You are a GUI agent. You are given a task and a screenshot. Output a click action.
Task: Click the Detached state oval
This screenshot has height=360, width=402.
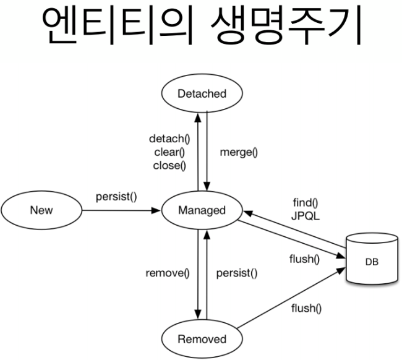pyautogui.click(x=202, y=94)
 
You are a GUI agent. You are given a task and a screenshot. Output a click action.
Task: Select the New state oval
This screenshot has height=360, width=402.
pyautogui.click(x=41, y=210)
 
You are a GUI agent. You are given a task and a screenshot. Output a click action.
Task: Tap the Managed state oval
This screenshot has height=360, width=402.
pyautogui.click(x=202, y=210)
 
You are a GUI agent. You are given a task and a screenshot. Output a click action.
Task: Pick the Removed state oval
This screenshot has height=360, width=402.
pyautogui.click(x=202, y=338)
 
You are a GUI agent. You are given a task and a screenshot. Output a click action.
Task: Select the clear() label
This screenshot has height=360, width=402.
pyautogui.click(x=169, y=152)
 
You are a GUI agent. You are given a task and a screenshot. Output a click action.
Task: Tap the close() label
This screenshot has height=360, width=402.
pyautogui.click(x=169, y=165)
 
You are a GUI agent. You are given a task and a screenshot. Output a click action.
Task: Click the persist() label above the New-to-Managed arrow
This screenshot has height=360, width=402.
pyautogui.click(x=116, y=197)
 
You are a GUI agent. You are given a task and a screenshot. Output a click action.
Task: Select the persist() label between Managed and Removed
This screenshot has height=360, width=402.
pyautogui.click(x=236, y=273)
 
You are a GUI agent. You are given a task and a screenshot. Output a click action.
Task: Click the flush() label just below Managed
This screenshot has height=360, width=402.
pyautogui.click(x=304, y=259)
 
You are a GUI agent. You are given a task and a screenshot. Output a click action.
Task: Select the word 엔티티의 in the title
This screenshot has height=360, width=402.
pyautogui.click(x=115, y=28)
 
